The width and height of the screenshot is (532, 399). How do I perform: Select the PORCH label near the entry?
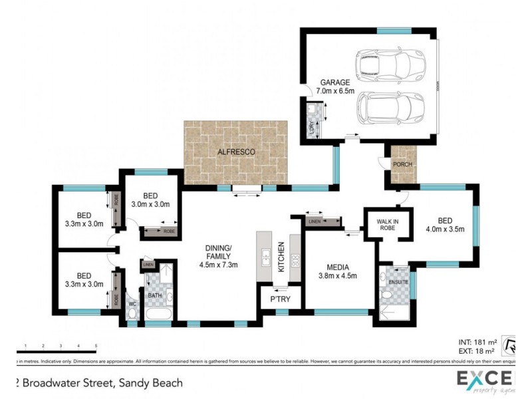click(401, 164)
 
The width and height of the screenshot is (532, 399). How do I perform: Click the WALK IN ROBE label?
click(386, 225)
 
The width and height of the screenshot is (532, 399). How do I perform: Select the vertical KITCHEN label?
click(282, 256)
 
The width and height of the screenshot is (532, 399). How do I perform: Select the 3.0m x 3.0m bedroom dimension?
click(150, 204)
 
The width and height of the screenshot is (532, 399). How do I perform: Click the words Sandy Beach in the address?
click(150, 383)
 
